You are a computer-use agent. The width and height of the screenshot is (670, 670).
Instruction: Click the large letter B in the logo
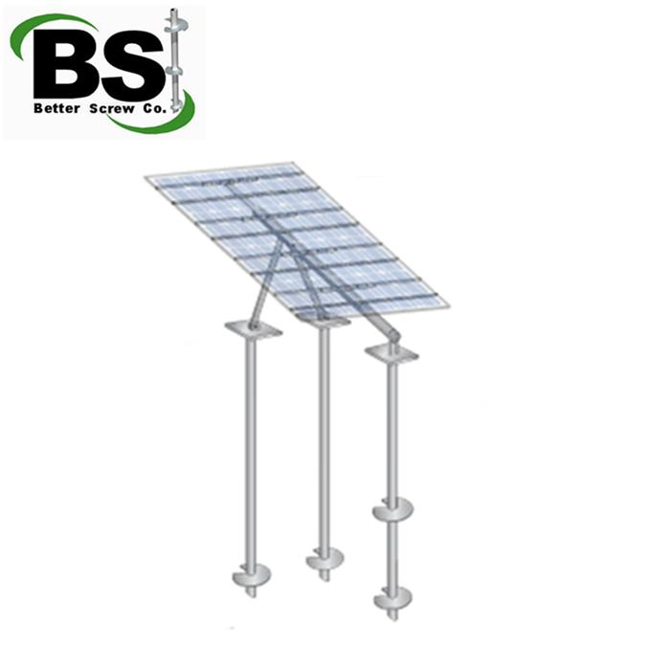coord(69,64)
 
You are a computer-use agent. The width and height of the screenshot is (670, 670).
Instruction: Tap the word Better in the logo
coord(56,108)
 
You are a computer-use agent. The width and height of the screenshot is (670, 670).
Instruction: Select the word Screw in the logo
coord(112,108)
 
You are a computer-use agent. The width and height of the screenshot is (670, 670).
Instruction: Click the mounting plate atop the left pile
coord(254,329)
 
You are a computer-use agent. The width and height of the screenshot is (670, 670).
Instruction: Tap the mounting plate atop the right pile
coord(391,353)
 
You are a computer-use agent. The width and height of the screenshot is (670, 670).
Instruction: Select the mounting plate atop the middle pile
coord(324,321)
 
